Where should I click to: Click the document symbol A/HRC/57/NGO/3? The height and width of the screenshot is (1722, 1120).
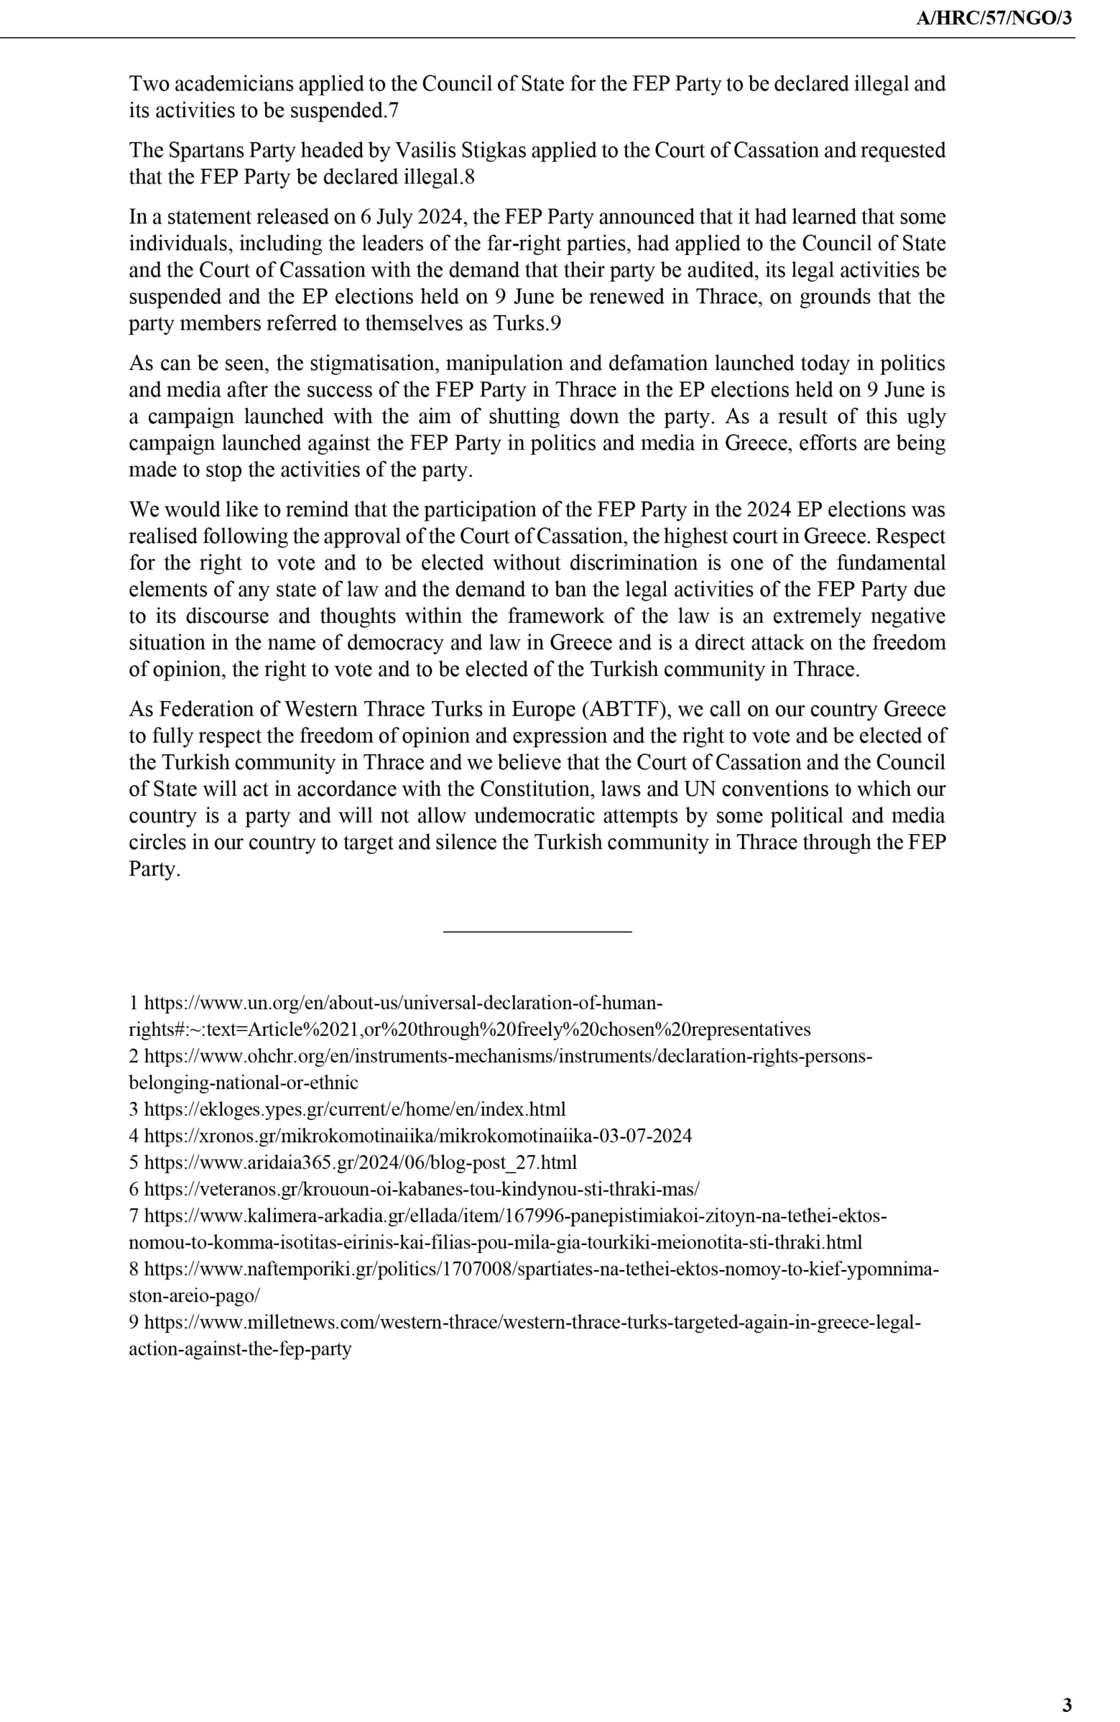click(x=994, y=19)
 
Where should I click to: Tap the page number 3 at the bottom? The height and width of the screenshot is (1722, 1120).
click(x=1066, y=1704)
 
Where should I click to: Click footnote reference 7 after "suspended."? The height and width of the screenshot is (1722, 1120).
click(x=393, y=111)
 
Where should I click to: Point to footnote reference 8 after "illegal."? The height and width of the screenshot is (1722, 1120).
click(x=470, y=178)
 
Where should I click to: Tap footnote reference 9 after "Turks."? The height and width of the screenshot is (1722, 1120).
click(x=555, y=324)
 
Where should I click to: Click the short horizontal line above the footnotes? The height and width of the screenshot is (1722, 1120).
click(x=537, y=931)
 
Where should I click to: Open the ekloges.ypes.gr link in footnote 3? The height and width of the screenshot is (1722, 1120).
click(x=354, y=1109)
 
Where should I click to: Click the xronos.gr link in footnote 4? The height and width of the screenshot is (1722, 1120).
click(x=418, y=1136)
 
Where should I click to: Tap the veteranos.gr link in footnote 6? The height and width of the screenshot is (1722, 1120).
click(x=421, y=1189)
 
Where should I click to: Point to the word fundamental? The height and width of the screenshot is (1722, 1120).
click(x=891, y=563)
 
